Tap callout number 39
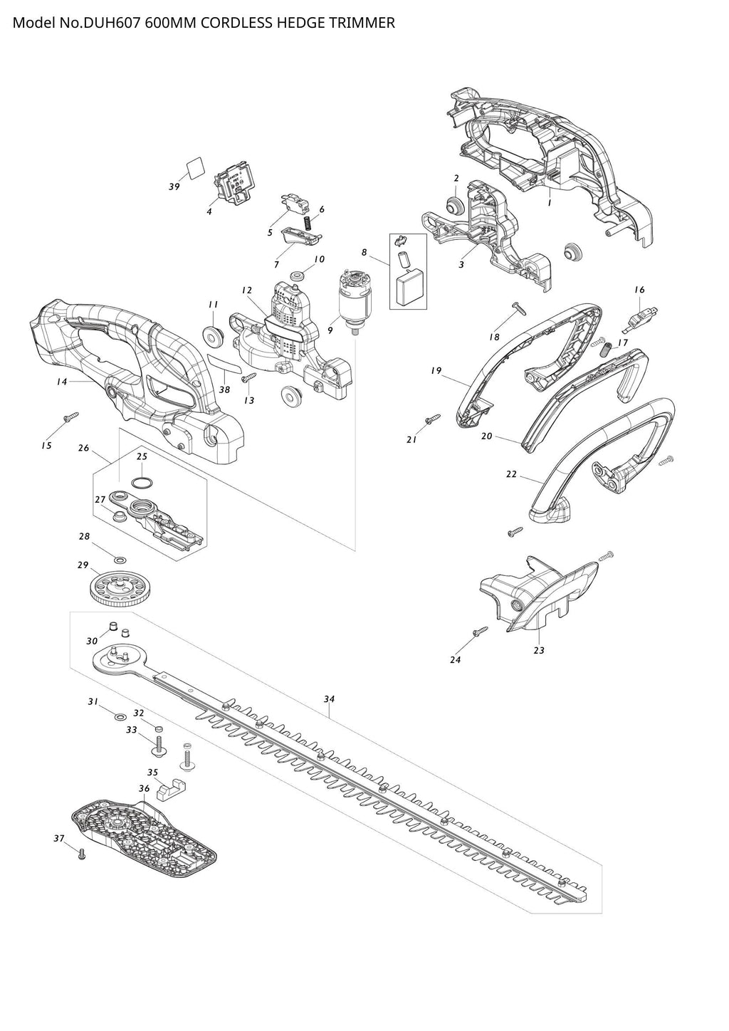174,187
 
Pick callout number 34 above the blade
328,699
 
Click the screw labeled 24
480,631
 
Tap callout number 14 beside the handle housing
62,382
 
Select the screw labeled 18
518,308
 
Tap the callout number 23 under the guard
539,650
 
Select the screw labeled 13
249,379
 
